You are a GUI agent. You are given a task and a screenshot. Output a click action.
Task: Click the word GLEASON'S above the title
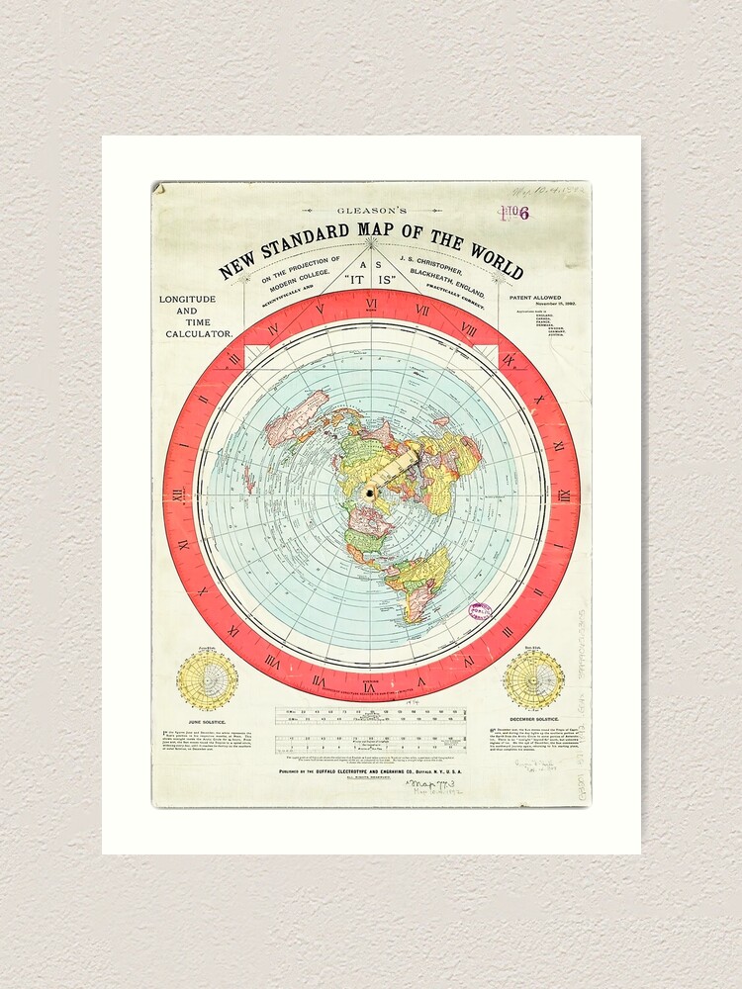tap(371, 211)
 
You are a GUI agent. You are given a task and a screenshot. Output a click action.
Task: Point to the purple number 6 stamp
tap(523, 212)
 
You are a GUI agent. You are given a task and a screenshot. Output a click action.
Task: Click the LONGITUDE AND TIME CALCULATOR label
tap(198, 316)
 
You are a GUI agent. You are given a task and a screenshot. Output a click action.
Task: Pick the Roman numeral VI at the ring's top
tap(371, 305)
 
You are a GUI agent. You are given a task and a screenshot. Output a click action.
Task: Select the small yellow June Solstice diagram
tap(208, 680)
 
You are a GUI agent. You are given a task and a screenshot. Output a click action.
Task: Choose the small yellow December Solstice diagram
tap(533, 680)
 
